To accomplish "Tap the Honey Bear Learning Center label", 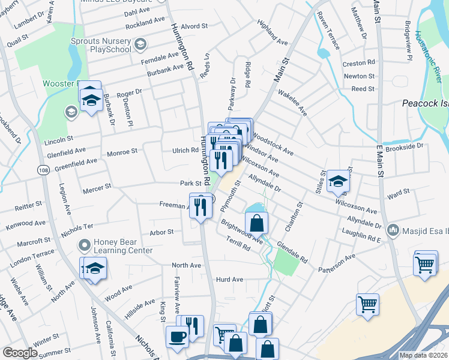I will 123,246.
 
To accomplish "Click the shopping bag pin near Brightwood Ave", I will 256,223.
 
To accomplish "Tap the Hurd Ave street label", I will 229,280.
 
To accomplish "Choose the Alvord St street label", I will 194,27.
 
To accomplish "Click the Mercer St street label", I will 97,187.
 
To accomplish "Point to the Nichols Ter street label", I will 77,227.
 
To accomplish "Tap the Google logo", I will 20,353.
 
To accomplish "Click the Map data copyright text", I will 423,355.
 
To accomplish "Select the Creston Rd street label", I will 358,62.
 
